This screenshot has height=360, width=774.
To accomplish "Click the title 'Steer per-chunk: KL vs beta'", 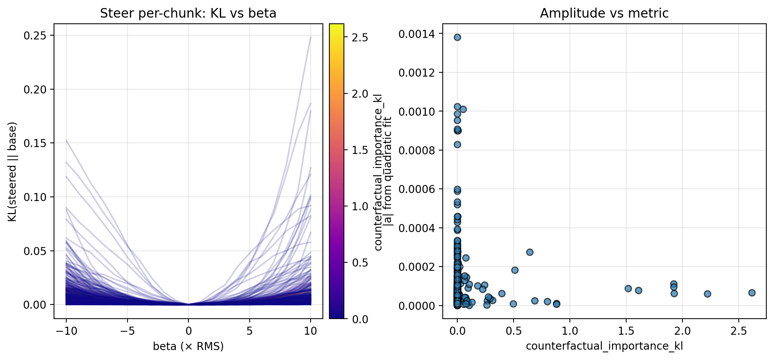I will point(188,13).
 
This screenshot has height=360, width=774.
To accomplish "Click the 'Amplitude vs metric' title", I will point(604,13).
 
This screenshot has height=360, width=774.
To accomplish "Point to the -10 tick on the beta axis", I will point(66,331).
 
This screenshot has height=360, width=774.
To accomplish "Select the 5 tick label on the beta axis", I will point(250,331).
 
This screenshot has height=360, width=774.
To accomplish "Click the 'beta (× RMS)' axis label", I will point(188,346).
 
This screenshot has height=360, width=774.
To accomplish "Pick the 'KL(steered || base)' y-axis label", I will point(12,172).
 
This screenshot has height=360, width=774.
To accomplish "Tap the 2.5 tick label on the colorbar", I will point(360,38).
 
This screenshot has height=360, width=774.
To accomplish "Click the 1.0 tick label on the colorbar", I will point(360,206).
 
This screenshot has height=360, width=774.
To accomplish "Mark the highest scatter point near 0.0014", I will point(457,37).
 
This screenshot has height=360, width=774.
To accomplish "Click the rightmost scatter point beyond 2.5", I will point(752,293).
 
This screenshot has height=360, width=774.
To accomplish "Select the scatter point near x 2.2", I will point(707,294).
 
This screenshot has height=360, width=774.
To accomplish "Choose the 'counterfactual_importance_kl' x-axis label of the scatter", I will point(604,346).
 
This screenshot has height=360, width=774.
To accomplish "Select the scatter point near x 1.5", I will point(628,288).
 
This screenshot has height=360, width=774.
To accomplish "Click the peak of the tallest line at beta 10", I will point(311,37).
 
